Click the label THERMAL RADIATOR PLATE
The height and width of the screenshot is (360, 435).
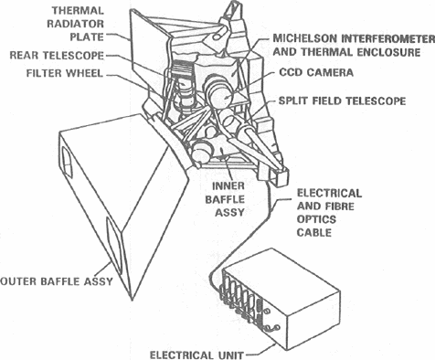coord(76,24)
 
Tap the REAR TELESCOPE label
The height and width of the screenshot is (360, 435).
coord(57,56)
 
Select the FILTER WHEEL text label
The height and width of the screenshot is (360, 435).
coord(65,73)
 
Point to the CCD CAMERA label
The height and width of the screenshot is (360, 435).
coord(316,72)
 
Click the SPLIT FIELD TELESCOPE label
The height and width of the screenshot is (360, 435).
coord(342,101)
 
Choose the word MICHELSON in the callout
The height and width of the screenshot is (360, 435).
coord(305,38)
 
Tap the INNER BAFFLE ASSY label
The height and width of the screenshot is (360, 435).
coord(225,199)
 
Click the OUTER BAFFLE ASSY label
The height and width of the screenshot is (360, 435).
coord(57,281)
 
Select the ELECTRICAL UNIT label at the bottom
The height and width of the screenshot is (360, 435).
coord(196,355)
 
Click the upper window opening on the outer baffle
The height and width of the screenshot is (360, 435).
coord(67,162)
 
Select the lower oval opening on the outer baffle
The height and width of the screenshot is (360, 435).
coord(114,244)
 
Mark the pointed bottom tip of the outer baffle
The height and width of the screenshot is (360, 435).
coord(132,301)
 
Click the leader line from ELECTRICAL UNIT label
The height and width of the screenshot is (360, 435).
coord(260,350)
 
